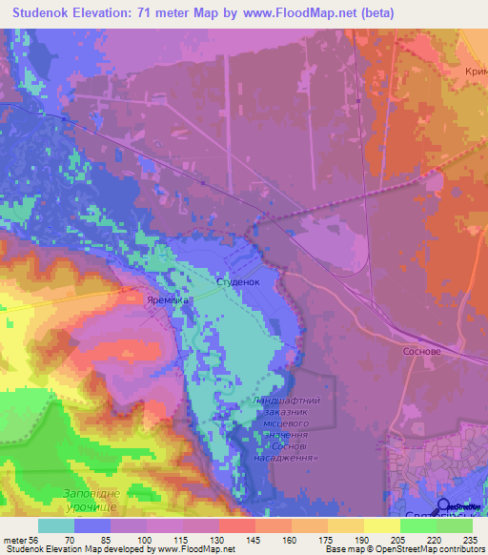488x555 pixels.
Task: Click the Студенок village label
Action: point(238,282)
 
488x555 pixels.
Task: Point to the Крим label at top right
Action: point(475,72)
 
